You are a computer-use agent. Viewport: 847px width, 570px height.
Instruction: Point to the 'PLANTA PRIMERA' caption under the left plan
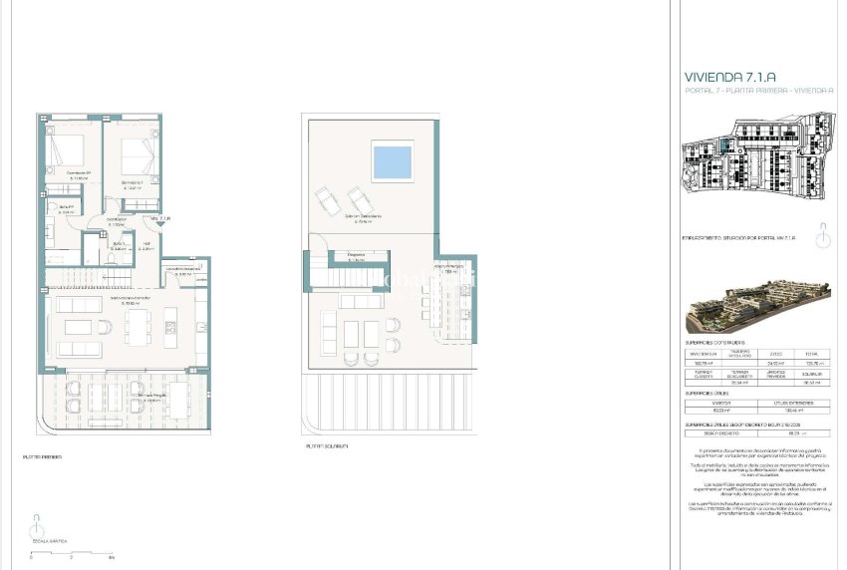point(42,457)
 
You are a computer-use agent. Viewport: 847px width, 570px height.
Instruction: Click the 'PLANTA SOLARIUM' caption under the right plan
point(327,445)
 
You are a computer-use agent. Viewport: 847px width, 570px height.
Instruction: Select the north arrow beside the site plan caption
point(822,240)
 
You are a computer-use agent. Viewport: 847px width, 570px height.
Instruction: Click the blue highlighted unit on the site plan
point(727,146)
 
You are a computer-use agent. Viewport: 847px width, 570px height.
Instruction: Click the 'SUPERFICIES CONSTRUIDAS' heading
point(722,343)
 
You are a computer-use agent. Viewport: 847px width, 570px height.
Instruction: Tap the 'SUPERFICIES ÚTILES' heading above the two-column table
point(709,394)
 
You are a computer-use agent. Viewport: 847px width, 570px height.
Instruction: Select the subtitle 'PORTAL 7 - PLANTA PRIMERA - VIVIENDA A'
point(759,91)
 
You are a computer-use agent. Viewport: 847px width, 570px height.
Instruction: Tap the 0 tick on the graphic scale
point(31,556)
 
